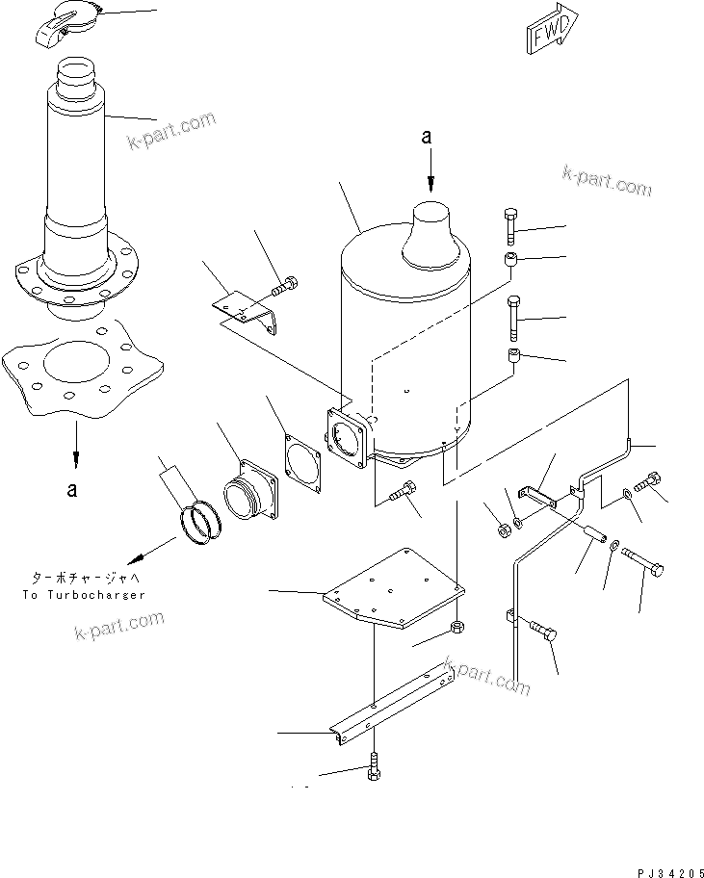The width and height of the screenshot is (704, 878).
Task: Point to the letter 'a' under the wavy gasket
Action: pos(71,490)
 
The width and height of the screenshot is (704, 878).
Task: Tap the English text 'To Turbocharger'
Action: pos(83,595)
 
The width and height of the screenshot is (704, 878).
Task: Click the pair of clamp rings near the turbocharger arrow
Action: pos(205,521)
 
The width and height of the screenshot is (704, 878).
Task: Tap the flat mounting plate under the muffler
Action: pos(392,588)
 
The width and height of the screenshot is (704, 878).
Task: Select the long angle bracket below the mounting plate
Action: pos(395,703)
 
